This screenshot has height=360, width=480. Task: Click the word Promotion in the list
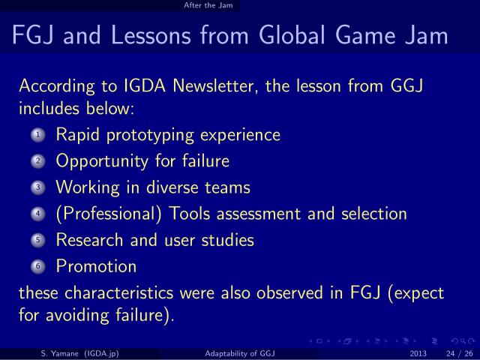96,266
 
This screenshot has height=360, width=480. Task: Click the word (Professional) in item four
109,214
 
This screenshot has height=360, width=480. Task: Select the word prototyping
151,136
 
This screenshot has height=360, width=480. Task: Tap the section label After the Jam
208,6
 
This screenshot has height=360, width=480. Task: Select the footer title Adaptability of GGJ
239,352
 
